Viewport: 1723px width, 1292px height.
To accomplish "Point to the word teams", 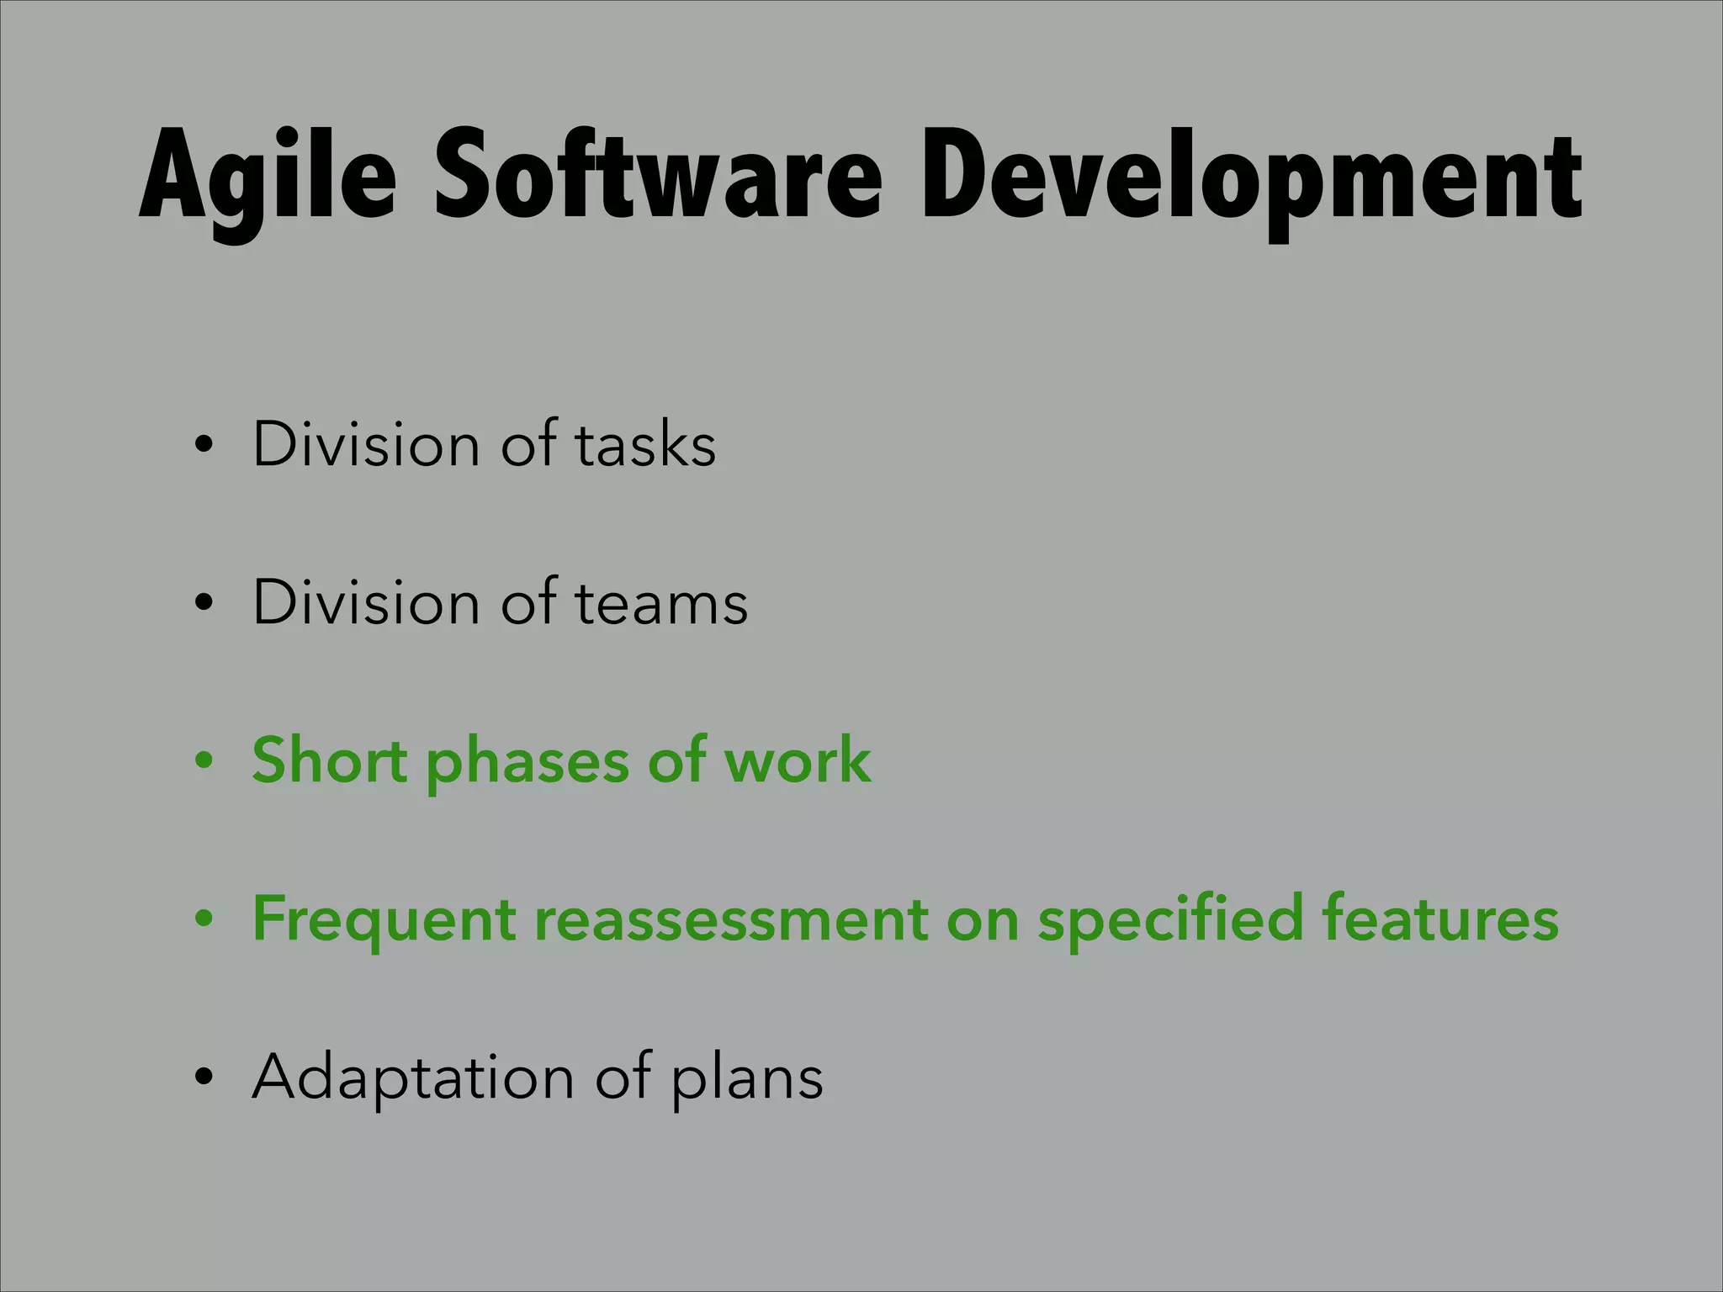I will tap(661, 602).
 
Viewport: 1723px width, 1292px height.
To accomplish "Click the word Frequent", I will tap(384, 919).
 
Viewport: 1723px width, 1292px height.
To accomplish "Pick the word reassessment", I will tap(731, 919).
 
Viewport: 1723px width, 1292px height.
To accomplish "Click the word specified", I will tap(1170, 919).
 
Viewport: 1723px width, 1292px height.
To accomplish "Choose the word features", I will tap(1440, 919).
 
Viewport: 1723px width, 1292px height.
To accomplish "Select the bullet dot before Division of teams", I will tap(202, 604).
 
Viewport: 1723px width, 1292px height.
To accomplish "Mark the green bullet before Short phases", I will tap(202, 762).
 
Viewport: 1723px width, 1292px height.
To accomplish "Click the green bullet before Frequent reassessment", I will tap(202, 920).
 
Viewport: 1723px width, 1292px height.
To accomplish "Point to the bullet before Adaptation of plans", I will tap(202, 1078).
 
